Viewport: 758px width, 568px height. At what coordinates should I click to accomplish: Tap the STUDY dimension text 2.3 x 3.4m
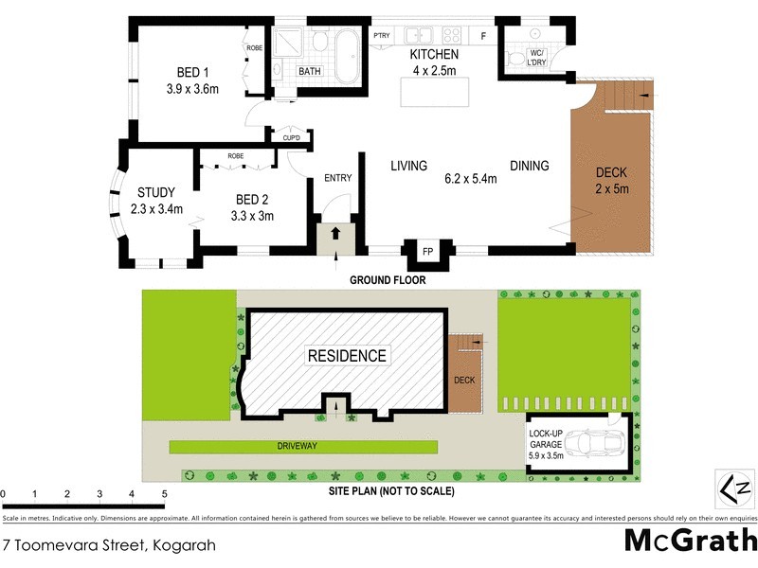[155, 209]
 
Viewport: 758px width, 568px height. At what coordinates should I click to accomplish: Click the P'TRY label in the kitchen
[382, 36]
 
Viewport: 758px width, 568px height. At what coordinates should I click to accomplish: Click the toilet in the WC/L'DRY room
[515, 59]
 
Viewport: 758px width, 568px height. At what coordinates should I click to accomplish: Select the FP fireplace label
[427, 253]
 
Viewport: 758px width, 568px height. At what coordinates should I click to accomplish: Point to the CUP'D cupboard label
[291, 139]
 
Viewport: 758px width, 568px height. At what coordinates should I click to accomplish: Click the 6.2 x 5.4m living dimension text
[471, 178]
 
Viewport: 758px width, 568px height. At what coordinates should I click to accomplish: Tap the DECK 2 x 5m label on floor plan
[611, 181]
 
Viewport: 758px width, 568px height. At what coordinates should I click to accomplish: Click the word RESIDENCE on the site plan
[347, 356]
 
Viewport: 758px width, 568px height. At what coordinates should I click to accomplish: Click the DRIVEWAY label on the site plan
[303, 444]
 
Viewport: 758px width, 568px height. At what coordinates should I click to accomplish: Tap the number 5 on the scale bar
[164, 494]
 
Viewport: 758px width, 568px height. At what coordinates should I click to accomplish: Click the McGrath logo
[691, 540]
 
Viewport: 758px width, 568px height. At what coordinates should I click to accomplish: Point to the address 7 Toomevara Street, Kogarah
[109, 545]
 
